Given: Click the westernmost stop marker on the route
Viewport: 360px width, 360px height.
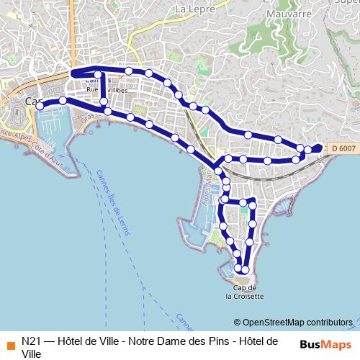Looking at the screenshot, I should (x=40, y=106).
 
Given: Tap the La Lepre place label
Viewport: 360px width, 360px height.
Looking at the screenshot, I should (x=191, y=9).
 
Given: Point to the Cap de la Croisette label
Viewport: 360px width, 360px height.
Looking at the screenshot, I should (x=244, y=292).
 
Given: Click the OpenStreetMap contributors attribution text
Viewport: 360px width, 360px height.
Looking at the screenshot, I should (x=297, y=323).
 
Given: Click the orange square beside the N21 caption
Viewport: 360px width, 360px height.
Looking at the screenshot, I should (x=9, y=341).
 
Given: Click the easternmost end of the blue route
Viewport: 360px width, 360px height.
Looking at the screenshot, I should (x=321, y=148).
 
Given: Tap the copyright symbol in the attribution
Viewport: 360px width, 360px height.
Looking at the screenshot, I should (x=238, y=323).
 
